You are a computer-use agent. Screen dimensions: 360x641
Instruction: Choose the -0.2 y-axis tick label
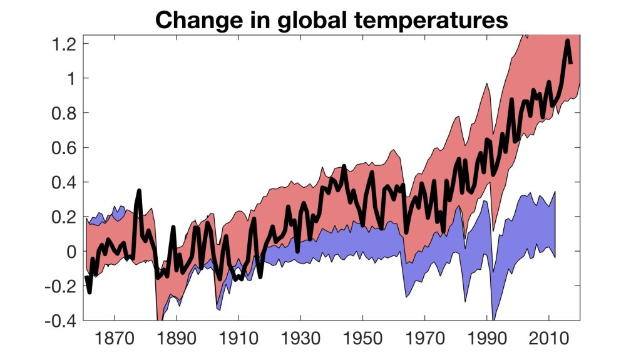tap(61, 286)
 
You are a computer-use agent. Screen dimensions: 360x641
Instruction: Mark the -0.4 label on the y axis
tap(61, 321)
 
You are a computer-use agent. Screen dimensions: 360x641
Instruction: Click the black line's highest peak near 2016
tap(567, 41)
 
